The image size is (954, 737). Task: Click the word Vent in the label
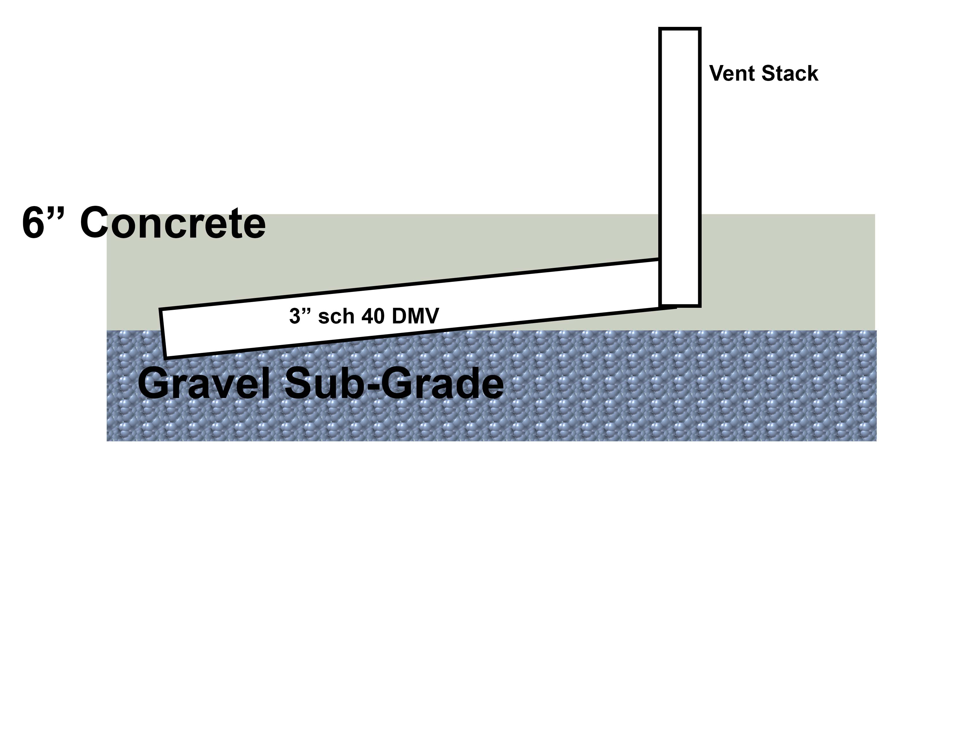[x=732, y=73]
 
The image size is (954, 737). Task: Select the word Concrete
[x=173, y=223]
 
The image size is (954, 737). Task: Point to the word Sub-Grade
[x=393, y=383]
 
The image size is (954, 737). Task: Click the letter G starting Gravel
[x=154, y=383]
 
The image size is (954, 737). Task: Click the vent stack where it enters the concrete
[x=680, y=215]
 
